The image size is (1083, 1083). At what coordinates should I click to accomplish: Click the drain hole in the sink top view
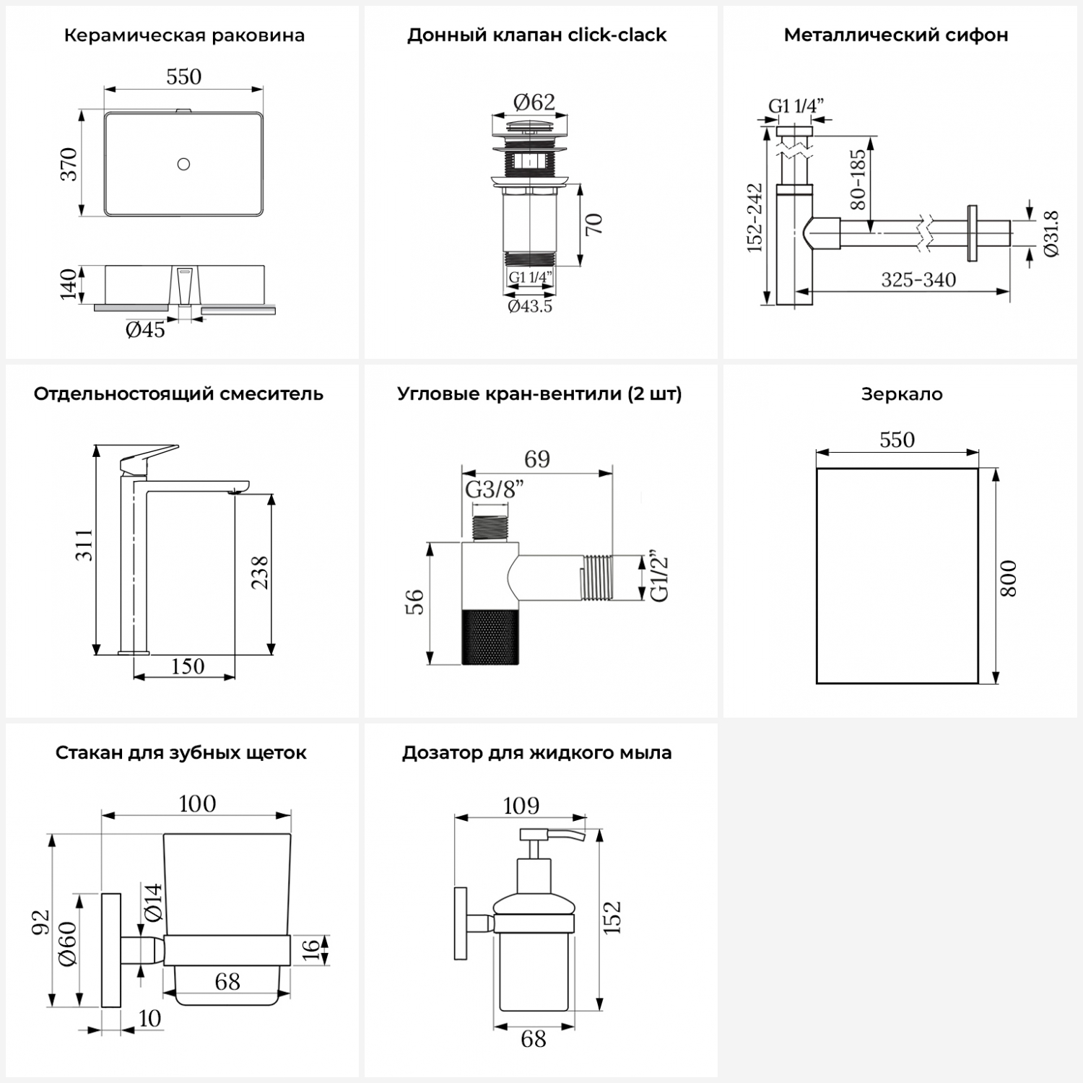coord(183,164)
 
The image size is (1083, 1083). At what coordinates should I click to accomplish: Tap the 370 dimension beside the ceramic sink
coord(69,164)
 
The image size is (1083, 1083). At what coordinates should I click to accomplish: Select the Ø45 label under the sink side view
coord(145,331)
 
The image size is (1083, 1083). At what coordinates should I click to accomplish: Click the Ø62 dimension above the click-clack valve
coord(534,102)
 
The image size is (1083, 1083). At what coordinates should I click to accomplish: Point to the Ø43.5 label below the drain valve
coord(530,306)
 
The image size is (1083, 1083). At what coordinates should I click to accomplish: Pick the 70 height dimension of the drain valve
coord(593,224)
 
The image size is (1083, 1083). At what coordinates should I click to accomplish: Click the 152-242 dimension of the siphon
coord(754,217)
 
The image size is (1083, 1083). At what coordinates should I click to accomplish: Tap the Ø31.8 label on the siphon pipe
coord(1051,233)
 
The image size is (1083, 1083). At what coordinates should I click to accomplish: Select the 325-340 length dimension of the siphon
coord(918,279)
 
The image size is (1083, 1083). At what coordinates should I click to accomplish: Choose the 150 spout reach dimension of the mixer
coord(187,666)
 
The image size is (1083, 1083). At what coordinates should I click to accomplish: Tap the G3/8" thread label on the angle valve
coord(494,490)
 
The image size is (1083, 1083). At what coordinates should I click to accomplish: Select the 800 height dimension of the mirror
coord(1008,578)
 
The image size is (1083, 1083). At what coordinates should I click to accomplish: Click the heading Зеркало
coord(902,394)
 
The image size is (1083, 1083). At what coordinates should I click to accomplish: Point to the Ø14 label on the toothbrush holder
coord(153,902)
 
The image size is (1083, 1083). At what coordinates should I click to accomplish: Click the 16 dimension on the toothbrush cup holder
coord(310,949)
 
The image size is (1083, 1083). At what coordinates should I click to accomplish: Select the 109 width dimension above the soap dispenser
coord(521,805)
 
